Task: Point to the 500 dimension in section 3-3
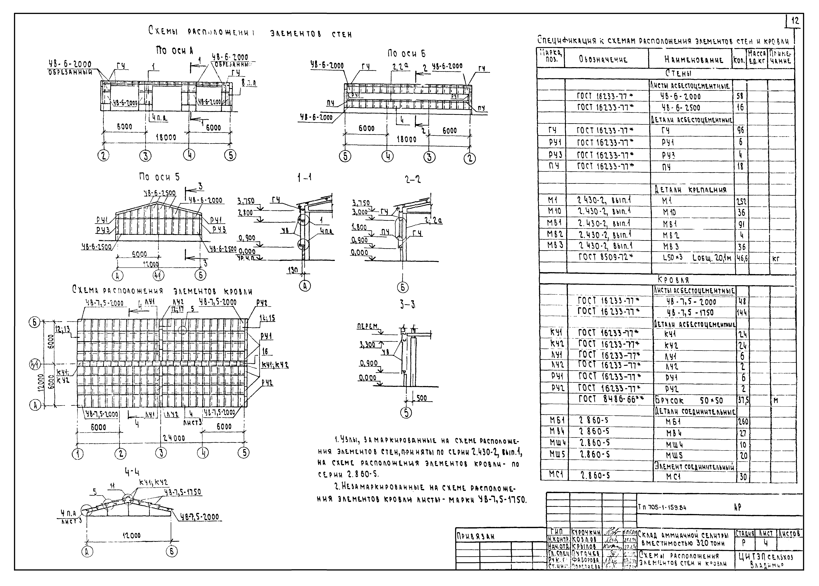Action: [421, 398]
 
